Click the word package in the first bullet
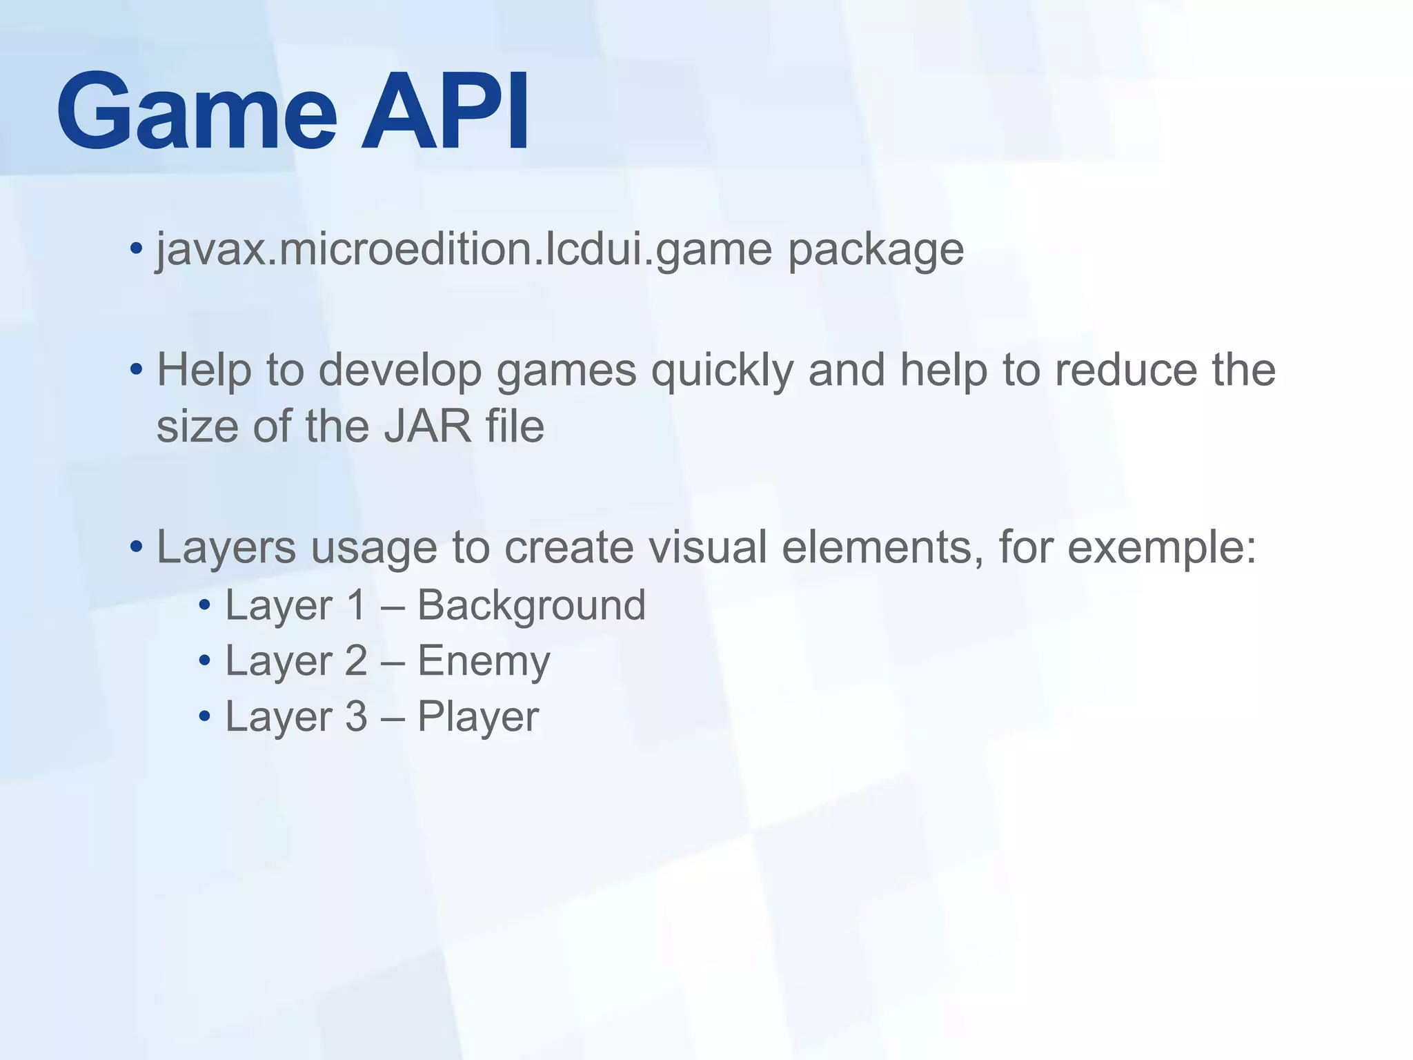pyautogui.click(x=876, y=250)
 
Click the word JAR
pyautogui.click(x=428, y=426)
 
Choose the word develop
pyautogui.click(x=400, y=371)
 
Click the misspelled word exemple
pyautogui.click(x=1162, y=548)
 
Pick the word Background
pyautogui.click(x=531, y=606)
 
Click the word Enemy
pyautogui.click(x=484, y=662)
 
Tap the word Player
pyautogui.click(x=478, y=717)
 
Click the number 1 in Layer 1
pyautogui.click(x=356, y=606)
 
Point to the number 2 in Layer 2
pyautogui.click(x=356, y=661)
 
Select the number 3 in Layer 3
pyautogui.click(x=356, y=716)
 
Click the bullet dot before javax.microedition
pyautogui.click(x=136, y=248)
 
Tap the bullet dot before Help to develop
pyautogui.click(x=136, y=369)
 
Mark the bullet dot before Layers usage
pyautogui.click(x=136, y=547)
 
